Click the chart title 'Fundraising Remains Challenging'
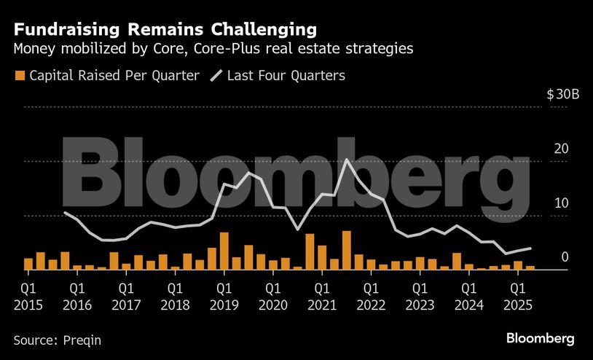point(165,30)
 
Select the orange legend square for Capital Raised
point(20,75)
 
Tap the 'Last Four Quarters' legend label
point(286,75)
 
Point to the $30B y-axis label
point(562,95)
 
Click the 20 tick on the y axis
point(561,149)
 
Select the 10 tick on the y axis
point(561,203)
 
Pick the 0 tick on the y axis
point(565,257)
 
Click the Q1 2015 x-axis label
point(28,294)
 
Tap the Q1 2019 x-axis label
point(224,294)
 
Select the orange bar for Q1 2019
point(224,251)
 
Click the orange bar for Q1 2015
point(28,264)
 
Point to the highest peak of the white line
point(347,160)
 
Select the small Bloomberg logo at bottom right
point(541,339)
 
